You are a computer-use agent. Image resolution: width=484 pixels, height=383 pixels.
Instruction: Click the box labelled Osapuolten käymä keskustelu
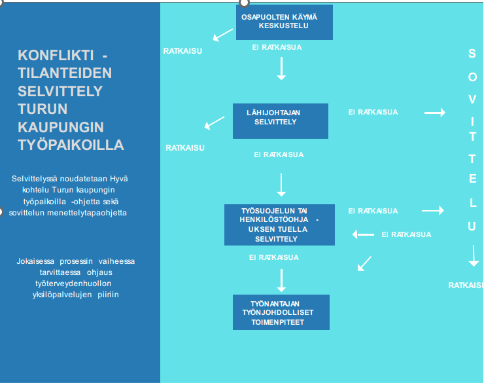tap(285, 22)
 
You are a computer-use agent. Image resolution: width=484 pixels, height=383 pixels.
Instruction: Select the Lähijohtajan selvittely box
tap(280, 120)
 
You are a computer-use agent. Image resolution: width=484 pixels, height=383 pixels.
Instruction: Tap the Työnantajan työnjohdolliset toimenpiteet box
tap(281, 312)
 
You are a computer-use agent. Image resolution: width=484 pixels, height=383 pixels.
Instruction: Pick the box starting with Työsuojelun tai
tap(279, 225)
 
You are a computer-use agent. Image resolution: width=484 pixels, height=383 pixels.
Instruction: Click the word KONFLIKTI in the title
tap(56, 55)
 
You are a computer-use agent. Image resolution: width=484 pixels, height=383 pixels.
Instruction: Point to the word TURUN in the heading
tap(43, 109)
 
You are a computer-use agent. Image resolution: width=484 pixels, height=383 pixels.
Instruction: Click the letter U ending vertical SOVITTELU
tap(472, 227)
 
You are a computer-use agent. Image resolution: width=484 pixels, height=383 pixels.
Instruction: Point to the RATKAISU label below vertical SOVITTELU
tap(465, 285)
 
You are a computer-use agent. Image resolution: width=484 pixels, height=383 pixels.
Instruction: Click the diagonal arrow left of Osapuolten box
tap(223, 35)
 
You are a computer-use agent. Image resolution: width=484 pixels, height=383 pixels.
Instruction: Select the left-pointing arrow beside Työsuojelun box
tap(363, 234)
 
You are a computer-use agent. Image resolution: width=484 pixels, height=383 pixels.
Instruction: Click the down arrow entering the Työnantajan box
tap(281, 280)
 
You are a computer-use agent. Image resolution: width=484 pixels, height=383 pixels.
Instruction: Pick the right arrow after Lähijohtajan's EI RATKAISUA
tap(434, 113)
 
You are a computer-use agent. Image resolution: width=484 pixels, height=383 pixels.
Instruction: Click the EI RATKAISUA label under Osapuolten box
tap(277, 47)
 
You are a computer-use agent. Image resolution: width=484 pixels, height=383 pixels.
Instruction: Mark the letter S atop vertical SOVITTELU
tap(472, 54)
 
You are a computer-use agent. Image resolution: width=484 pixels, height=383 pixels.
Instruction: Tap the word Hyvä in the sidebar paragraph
tap(118, 178)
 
